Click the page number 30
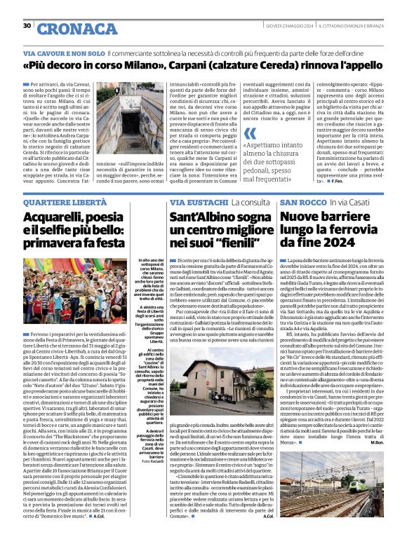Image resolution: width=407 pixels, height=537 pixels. (x=27, y=26)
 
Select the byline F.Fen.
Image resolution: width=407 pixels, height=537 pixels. (x=376, y=181)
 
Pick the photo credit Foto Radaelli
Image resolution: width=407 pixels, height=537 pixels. (x=151, y=460)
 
